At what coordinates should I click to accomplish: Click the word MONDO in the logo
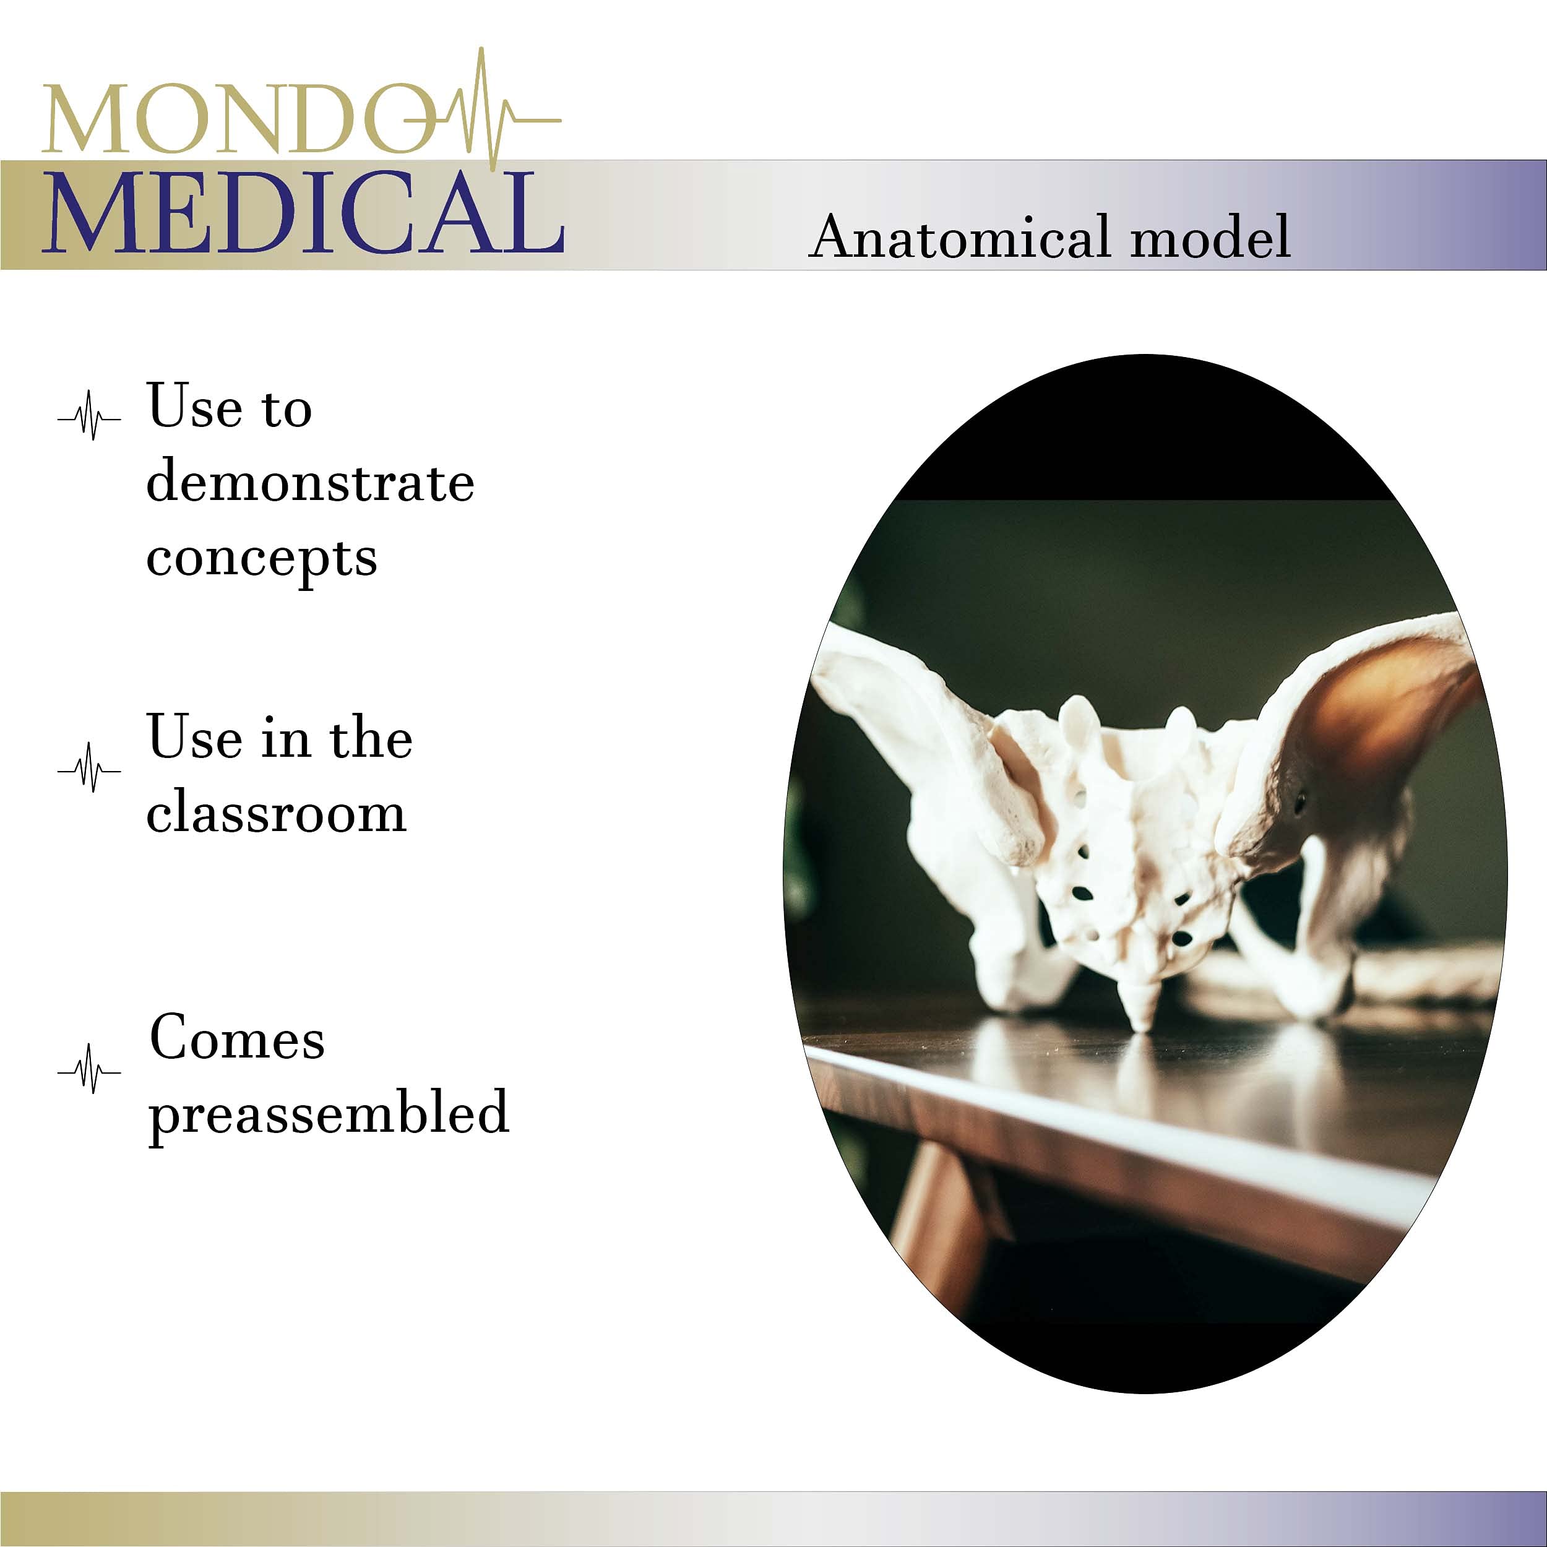[x=232, y=119]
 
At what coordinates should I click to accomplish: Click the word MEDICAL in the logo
[x=304, y=213]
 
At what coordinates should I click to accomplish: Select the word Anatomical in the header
[x=960, y=238]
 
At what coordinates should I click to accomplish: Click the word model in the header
[x=1210, y=238]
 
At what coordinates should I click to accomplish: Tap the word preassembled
[x=329, y=1114]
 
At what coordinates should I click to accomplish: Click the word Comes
[x=237, y=1038]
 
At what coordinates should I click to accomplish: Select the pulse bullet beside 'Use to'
[x=90, y=416]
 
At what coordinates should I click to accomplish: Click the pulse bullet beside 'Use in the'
[x=90, y=768]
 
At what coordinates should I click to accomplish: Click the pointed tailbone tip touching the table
[x=1143, y=1017]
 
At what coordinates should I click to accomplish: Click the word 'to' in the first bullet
[x=287, y=410]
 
